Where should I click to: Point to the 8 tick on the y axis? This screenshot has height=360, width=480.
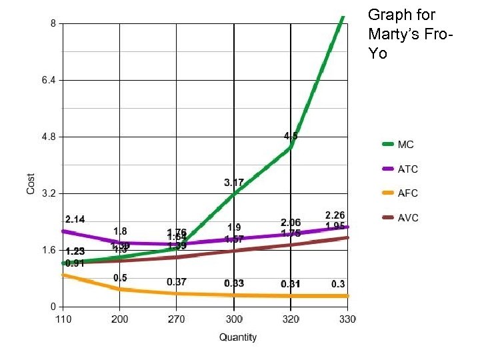[x=53, y=23]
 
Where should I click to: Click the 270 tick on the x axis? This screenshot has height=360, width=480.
[x=177, y=319]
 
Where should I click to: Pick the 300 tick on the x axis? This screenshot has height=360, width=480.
[x=234, y=319]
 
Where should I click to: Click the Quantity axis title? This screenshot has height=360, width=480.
[x=238, y=337]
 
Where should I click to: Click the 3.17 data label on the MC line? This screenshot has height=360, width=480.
[x=233, y=182]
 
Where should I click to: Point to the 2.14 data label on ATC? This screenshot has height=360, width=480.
[x=75, y=219]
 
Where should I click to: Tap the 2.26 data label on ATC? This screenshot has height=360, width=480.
[x=335, y=215]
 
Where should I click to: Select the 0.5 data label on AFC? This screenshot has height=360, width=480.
[x=120, y=278]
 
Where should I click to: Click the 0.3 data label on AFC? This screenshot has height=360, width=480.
[x=338, y=284]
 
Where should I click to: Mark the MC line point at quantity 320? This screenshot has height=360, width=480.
[x=291, y=147]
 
